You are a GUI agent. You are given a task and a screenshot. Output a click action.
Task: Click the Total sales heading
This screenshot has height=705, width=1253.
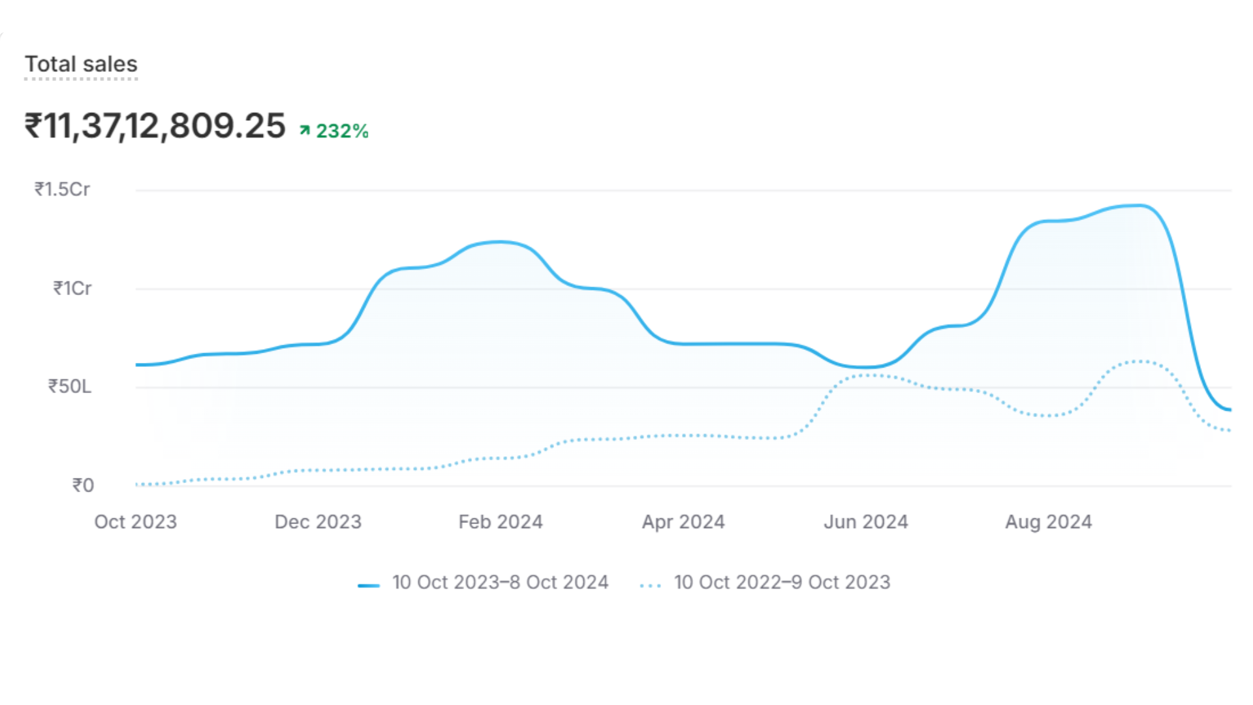coord(81,64)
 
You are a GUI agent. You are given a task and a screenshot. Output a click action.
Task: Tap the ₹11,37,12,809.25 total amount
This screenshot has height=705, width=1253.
coord(155,125)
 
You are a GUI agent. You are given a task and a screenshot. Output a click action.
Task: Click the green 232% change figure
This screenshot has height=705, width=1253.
coord(342,131)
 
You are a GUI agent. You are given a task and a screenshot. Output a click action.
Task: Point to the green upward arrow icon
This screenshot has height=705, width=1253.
coord(305,131)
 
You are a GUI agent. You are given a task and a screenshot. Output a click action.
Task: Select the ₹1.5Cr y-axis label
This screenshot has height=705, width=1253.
coord(62,189)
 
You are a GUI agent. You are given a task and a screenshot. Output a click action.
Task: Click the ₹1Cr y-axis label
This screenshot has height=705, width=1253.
coord(72,288)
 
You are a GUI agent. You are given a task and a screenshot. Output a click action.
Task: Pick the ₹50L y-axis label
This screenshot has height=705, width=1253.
coord(69,386)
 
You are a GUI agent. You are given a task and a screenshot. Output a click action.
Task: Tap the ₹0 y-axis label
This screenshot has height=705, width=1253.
coord(83,485)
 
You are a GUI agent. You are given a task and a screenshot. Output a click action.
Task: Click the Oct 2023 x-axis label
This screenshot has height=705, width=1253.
coord(136,522)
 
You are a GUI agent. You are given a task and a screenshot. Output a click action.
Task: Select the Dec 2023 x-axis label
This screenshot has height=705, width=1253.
coord(318,522)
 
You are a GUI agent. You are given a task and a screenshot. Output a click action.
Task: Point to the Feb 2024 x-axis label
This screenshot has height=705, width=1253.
coord(501,522)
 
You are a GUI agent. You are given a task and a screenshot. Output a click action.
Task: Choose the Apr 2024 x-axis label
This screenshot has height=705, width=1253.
coord(683,522)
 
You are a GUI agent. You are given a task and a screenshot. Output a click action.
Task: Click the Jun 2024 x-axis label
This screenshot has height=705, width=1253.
coord(866,522)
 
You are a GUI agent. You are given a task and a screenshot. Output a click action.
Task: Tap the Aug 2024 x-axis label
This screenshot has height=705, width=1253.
coord(1048,522)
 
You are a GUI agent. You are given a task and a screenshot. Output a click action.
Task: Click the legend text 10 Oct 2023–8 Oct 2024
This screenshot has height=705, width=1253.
coord(500,582)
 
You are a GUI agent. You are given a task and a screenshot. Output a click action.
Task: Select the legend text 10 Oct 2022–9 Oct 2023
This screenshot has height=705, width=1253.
coord(782,582)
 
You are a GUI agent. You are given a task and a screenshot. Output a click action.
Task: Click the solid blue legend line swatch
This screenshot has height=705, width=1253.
coord(369,586)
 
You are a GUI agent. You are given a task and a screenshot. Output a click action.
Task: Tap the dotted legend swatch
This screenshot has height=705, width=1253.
coord(651,586)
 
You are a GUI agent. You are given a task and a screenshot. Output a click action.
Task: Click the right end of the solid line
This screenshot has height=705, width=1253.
coord(1230,410)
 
